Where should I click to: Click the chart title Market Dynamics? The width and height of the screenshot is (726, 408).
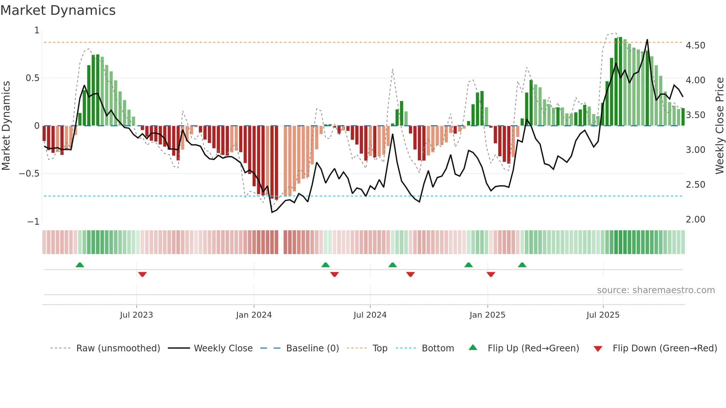tap(58, 10)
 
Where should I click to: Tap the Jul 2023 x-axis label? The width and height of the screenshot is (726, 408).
tap(136, 315)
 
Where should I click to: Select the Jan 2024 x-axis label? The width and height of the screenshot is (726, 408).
tap(254, 315)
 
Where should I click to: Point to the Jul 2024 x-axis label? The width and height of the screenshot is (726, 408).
tap(370, 315)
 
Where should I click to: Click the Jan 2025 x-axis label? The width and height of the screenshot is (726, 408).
tap(487, 315)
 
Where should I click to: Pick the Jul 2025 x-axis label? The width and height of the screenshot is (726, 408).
tap(603, 315)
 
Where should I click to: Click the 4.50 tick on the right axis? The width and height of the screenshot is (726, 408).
tap(695, 46)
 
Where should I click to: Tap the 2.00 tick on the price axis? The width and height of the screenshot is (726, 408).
tap(695, 220)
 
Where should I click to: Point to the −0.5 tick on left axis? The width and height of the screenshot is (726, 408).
tap(29, 174)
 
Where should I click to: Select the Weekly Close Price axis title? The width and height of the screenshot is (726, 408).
tap(719, 126)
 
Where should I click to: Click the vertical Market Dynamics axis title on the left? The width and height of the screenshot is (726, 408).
tap(6, 126)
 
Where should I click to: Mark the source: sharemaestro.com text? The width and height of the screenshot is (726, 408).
tap(656, 290)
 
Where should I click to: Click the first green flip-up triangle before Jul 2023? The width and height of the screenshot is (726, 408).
tap(80, 265)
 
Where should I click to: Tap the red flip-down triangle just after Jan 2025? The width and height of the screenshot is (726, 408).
tap(491, 274)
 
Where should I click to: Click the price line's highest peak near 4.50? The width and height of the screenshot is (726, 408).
tap(647, 40)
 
